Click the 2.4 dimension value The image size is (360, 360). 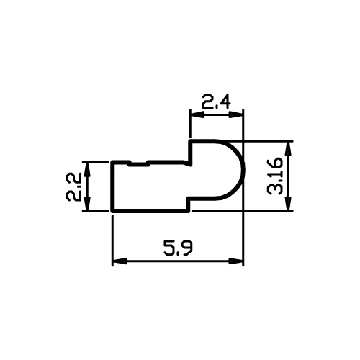click(x=216, y=102)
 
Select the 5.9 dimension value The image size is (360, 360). click(x=179, y=248)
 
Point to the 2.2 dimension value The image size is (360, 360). click(x=73, y=187)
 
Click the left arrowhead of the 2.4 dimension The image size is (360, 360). click(x=197, y=114)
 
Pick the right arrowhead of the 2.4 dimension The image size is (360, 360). click(x=236, y=114)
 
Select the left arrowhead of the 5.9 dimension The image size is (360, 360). click(x=120, y=261)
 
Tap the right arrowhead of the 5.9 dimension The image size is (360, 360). click(x=236, y=261)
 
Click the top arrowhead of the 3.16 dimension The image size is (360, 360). click(x=289, y=148)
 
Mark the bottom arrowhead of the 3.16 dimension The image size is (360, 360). click(x=289, y=204)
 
